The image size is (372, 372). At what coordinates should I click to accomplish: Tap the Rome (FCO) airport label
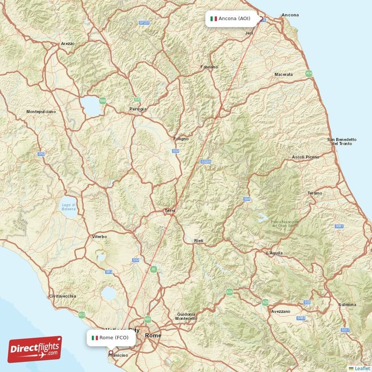[x=111, y=338]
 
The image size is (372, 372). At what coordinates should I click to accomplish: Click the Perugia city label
[x=138, y=109]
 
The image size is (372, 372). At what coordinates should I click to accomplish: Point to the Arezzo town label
[x=67, y=44]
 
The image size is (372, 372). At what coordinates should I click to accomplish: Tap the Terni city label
[x=170, y=211]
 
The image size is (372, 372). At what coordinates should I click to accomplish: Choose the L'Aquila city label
[x=274, y=253]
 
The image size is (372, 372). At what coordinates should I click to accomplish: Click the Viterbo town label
[x=100, y=237]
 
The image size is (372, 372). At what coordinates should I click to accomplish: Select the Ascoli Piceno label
[x=306, y=157]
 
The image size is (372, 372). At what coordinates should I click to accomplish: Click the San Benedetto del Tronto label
[x=342, y=141]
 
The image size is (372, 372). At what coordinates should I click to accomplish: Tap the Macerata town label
[x=284, y=74]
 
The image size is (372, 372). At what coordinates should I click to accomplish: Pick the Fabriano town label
[x=209, y=67]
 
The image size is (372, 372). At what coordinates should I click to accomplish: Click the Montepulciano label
[x=41, y=112]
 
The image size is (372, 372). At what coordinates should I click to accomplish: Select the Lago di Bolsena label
[x=68, y=207]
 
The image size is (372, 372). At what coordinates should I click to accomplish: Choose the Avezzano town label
[x=281, y=311]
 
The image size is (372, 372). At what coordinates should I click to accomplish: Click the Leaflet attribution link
[x=361, y=368]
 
